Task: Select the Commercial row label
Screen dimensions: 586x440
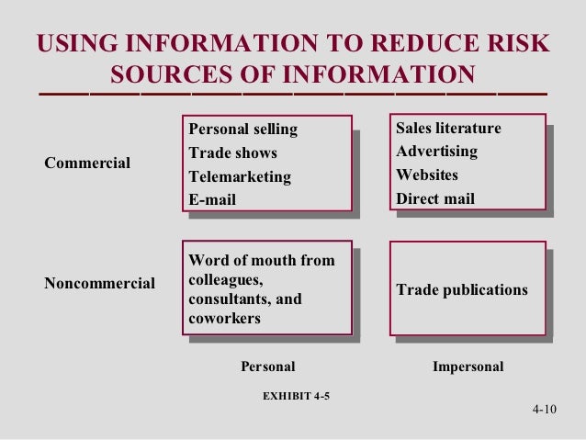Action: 87,164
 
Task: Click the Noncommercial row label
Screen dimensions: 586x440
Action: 99,283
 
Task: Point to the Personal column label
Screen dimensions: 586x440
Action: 267,367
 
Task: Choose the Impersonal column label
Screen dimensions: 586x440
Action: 468,367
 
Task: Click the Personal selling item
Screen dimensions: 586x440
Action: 242,129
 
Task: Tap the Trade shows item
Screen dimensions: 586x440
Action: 232,152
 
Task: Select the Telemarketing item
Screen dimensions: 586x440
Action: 239,176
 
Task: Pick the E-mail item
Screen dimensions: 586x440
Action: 212,199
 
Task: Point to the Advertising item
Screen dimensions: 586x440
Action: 436,151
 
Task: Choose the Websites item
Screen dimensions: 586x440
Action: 426,175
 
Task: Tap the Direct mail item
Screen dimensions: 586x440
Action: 435,198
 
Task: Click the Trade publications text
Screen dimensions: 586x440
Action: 462,290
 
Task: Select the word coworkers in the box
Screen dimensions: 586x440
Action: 224,320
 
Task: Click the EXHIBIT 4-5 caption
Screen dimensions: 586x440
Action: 296,397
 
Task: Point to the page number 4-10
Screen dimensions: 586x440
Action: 546,410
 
